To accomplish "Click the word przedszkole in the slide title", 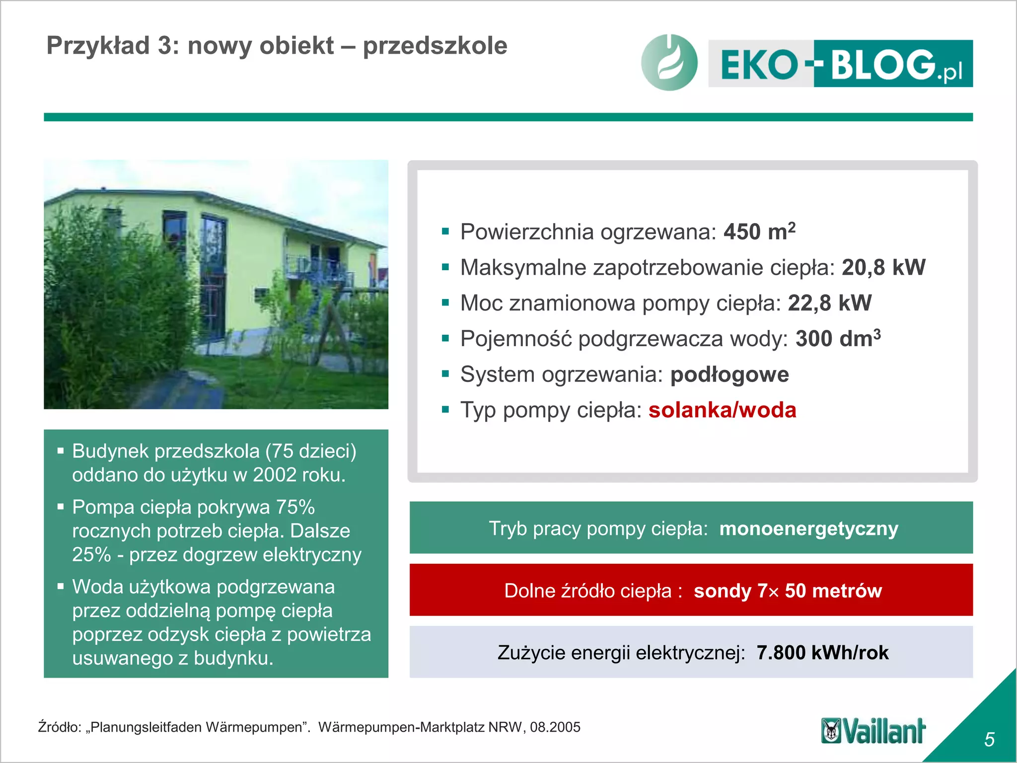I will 435,46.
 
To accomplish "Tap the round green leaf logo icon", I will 669,63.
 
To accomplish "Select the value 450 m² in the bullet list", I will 759,232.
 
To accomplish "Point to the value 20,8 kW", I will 883,268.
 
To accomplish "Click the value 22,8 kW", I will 829,303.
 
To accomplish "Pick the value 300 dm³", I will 838,339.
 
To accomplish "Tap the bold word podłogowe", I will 729,375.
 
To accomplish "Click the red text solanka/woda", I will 722,410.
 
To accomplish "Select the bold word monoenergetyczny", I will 808,529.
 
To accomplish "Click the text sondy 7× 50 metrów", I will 788,591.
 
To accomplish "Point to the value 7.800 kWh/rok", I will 822,653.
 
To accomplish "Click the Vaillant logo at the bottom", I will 873,731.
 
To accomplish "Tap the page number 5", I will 989,740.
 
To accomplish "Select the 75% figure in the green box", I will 295,507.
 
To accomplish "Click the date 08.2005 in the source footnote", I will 555,727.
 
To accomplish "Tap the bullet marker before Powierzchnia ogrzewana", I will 445,231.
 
